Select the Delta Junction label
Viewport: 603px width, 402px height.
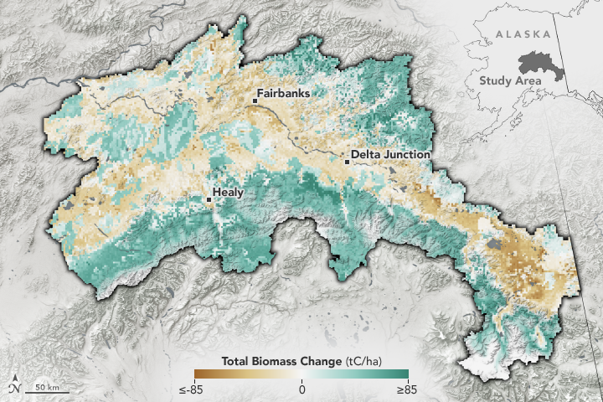(x=390, y=155)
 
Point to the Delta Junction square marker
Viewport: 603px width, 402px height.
(x=347, y=162)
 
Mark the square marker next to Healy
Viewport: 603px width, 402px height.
(x=209, y=199)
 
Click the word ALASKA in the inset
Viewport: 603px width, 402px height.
(x=522, y=34)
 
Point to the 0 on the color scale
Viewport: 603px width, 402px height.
(x=301, y=389)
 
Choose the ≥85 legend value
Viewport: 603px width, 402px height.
(x=409, y=389)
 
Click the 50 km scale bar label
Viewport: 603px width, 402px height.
(x=46, y=386)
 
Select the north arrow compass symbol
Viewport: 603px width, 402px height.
(x=15, y=388)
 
